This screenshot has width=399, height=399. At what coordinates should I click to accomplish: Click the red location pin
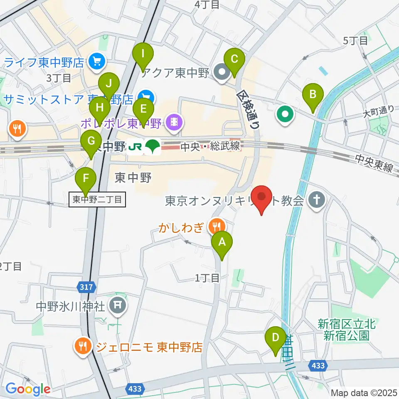262,199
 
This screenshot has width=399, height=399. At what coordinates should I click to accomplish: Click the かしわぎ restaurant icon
217,227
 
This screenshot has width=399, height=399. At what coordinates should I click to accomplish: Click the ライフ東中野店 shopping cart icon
97,62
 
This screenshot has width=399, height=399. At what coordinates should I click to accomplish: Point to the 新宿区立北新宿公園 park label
346,329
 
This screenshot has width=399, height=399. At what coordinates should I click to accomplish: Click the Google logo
28,389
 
